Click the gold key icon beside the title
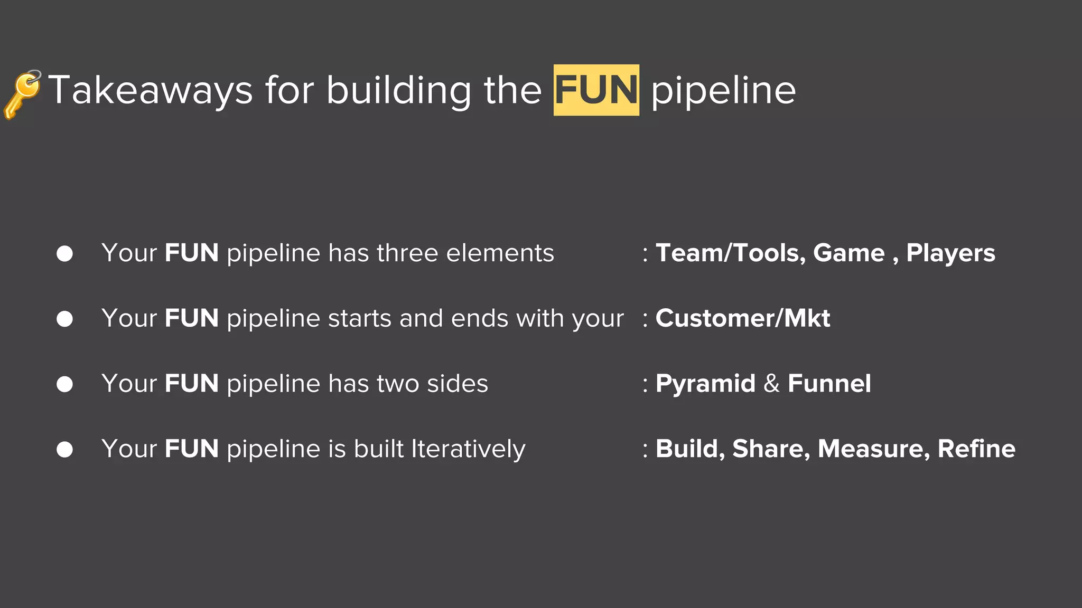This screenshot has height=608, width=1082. click(x=22, y=93)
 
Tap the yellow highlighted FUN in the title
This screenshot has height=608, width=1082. click(x=596, y=90)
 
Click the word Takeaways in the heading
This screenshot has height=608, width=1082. click(x=151, y=91)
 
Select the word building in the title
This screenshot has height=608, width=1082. click(x=398, y=91)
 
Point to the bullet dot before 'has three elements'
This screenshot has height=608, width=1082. click(x=64, y=254)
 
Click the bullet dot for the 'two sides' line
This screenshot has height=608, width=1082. click(x=64, y=384)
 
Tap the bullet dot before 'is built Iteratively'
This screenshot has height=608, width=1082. click(x=64, y=450)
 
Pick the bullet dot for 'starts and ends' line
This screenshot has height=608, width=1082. click(x=64, y=319)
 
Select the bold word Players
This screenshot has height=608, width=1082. click(x=950, y=253)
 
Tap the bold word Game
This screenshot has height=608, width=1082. click(x=848, y=253)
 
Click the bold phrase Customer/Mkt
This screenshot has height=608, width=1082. click(x=743, y=318)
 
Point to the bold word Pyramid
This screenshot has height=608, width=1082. click(x=705, y=384)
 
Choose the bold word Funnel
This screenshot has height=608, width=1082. click(x=829, y=384)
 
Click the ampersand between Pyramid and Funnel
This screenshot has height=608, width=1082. click(x=771, y=384)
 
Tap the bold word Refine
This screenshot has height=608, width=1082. click(x=976, y=449)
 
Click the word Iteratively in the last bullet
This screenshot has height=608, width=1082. click(x=468, y=450)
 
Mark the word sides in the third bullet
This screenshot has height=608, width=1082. click(x=458, y=384)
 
